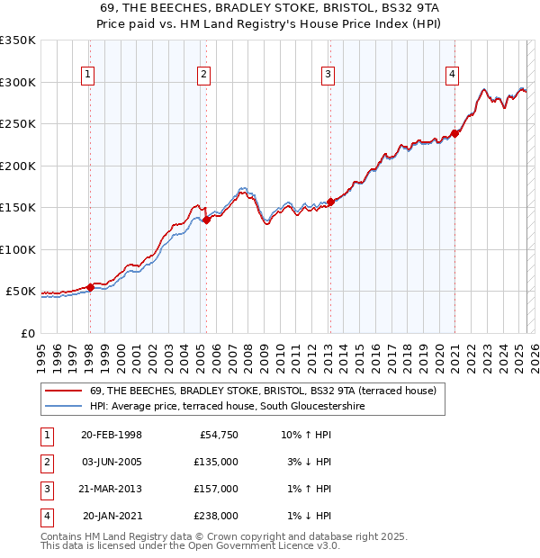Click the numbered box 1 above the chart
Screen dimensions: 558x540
coord(88,75)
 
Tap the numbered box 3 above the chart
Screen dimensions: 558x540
coord(328,75)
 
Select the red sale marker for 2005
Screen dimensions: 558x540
coord(206,219)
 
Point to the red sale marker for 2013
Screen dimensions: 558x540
coord(330,202)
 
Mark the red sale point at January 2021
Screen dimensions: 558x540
coord(455,133)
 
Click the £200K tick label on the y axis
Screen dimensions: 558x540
coord(18,166)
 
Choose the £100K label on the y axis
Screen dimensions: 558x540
coord(18,249)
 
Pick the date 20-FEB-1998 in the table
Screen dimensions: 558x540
coord(111,435)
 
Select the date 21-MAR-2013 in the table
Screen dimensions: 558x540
coord(111,489)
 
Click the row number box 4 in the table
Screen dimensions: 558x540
coord(44,516)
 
